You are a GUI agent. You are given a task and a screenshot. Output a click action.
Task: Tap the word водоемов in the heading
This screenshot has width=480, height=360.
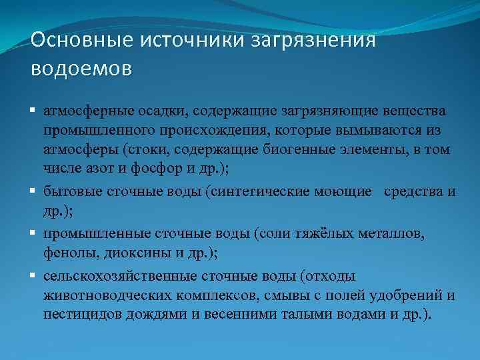click(81, 67)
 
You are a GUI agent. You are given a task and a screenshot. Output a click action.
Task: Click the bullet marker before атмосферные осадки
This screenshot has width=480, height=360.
click(34, 110)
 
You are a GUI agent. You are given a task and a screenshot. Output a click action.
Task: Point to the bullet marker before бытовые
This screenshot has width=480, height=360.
click(34, 192)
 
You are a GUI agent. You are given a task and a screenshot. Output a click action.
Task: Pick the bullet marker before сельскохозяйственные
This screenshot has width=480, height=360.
click(34, 275)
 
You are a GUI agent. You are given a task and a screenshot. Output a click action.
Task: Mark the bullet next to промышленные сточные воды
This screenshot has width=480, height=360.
click(34, 233)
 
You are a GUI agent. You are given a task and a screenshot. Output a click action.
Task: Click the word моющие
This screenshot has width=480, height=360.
click(342, 192)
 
